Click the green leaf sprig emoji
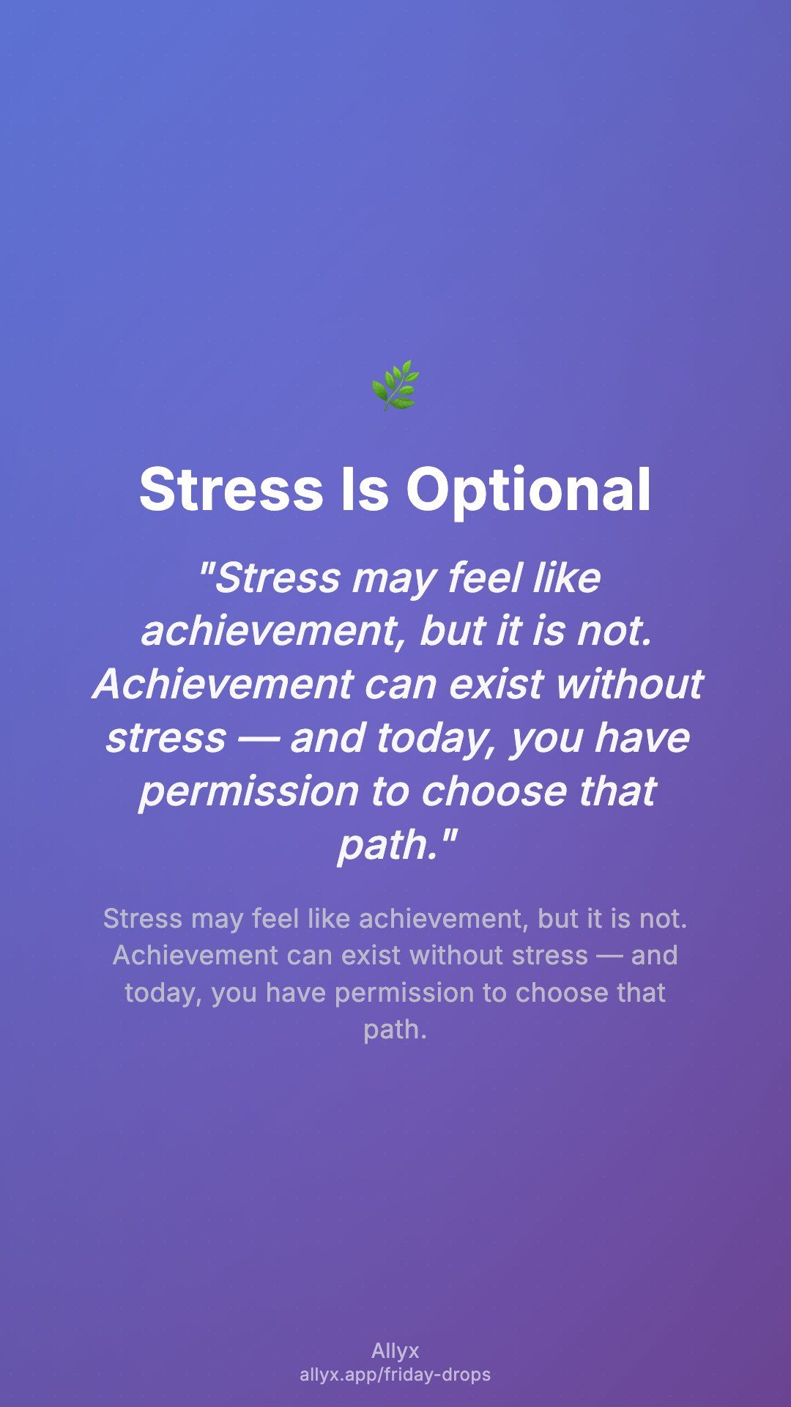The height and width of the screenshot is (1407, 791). tap(395, 385)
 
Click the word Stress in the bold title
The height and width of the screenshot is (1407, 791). tap(231, 490)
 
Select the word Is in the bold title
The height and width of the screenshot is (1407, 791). tap(365, 490)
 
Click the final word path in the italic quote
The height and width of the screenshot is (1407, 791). tap(388, 846)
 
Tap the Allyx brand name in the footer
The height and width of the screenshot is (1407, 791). tap(395, 1351)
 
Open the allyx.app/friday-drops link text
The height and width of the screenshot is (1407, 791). tap(395, 1375)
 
